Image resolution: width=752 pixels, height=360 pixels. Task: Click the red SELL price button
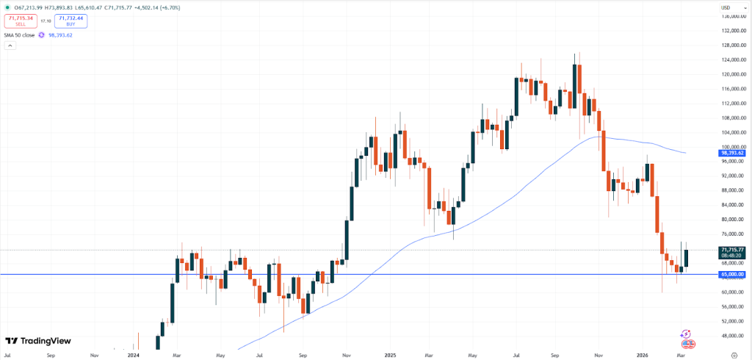pos(21,21)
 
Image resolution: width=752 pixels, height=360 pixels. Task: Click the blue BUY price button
pos(70,21)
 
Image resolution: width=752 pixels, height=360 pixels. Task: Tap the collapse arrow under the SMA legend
pos(10,46)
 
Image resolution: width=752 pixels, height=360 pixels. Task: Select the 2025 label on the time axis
pos(390,354)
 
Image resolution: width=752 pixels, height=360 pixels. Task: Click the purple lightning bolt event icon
pos(685,334)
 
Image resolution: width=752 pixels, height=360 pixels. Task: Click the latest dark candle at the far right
pos(687,258)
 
